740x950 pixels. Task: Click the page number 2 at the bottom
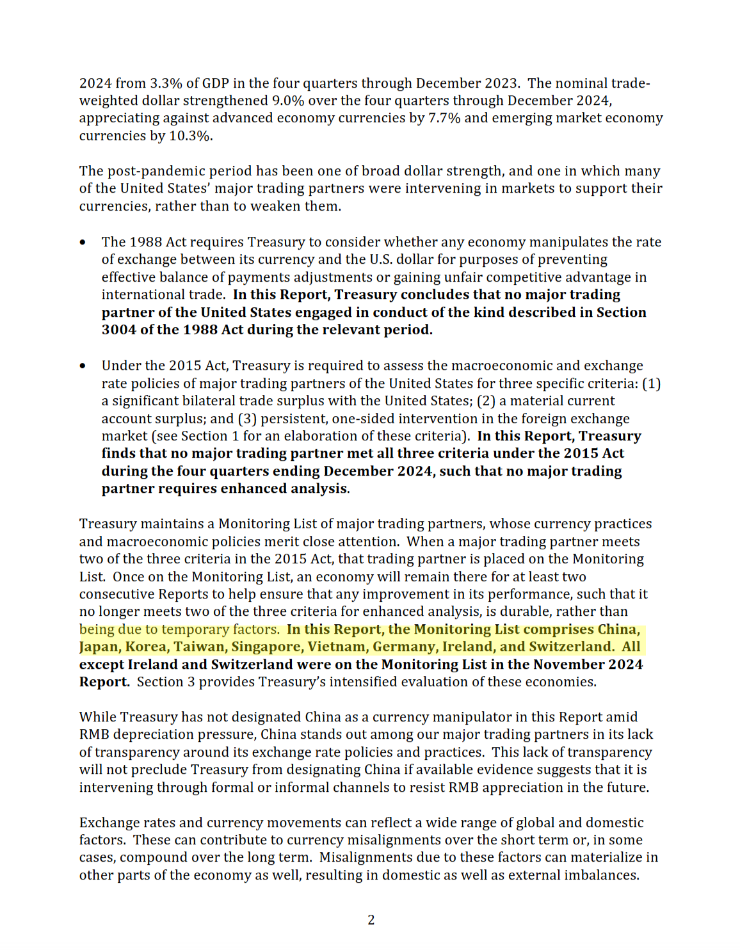pos(371,920)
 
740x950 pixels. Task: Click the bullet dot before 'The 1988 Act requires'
pos(83,243)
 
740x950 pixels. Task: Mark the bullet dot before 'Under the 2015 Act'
pos(83,366)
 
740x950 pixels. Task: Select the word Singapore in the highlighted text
pos(266,647)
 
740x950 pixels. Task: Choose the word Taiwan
pos(199,647)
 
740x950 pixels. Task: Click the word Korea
pos(146,647)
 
